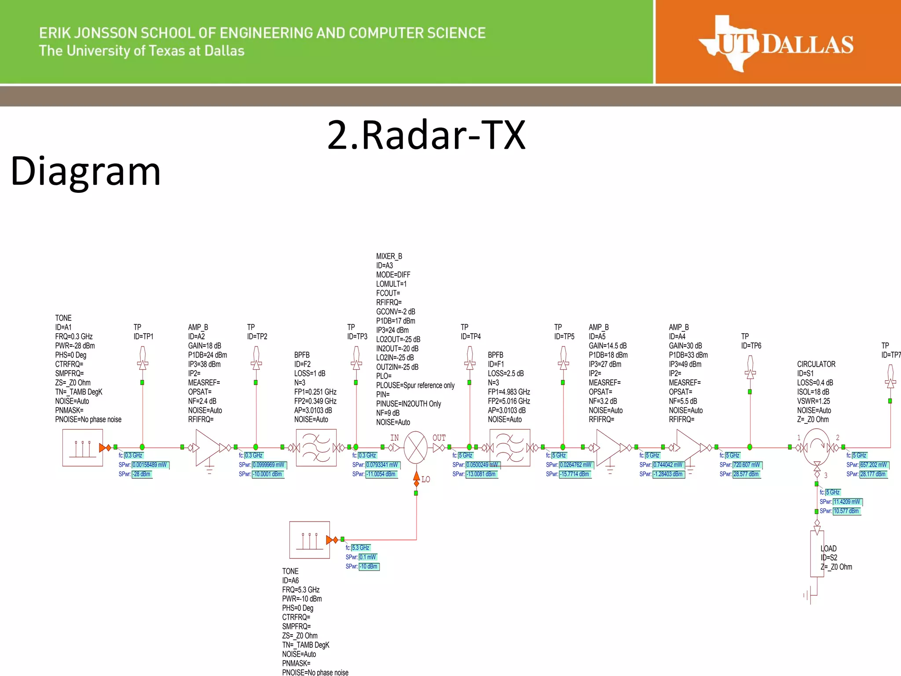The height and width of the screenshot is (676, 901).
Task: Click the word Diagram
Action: point(85,171)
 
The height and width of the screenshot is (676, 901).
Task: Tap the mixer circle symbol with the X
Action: point(415,448)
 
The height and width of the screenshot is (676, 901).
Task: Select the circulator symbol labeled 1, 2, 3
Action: point(817,447)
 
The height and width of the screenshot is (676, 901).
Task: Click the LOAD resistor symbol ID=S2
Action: point(817,553)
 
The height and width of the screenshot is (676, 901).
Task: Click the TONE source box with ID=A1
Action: point(83,448)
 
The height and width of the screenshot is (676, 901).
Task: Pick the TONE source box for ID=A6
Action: point(309,540)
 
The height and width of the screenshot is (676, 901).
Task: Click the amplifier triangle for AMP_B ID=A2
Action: point(207,448)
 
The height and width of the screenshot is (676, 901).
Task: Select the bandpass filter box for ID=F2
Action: point(316,448)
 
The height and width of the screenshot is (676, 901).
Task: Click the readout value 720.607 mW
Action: point(747,465)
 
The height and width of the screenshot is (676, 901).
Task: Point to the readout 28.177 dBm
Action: point(873,474)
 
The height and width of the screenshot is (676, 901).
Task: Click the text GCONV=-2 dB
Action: point(396,312)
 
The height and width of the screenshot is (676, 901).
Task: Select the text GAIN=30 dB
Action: point(685,346)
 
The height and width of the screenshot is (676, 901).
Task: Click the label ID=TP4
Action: point(471,337)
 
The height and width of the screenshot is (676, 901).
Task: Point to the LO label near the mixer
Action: point(425,479)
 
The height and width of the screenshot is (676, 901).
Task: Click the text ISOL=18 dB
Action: point(813,392)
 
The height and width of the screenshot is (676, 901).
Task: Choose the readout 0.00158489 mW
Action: point(150,465)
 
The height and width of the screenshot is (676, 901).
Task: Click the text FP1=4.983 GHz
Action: point(509,392)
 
